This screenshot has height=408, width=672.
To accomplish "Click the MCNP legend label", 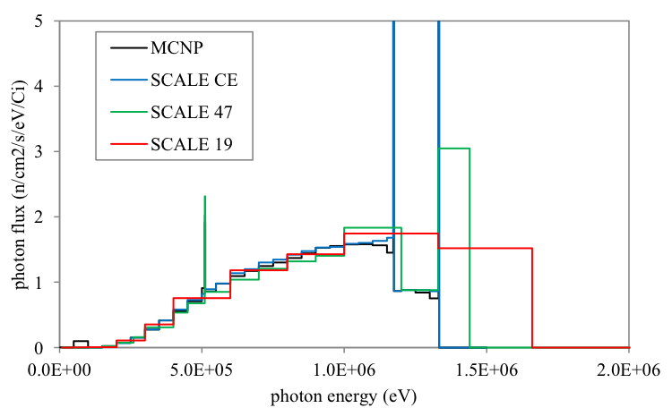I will [173, 47].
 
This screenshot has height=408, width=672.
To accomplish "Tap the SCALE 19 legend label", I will [185, 144].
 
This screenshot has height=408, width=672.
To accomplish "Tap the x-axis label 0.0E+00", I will [60, 369].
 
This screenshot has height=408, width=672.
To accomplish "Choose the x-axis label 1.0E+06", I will [344, 369].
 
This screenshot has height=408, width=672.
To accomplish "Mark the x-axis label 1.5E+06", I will [487, 369].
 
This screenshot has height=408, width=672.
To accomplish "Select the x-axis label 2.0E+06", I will [629, 369].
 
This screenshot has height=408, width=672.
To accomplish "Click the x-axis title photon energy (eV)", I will [345, 393].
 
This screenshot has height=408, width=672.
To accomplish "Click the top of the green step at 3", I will [454, 149].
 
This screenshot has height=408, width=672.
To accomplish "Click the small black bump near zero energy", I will [81, 342].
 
